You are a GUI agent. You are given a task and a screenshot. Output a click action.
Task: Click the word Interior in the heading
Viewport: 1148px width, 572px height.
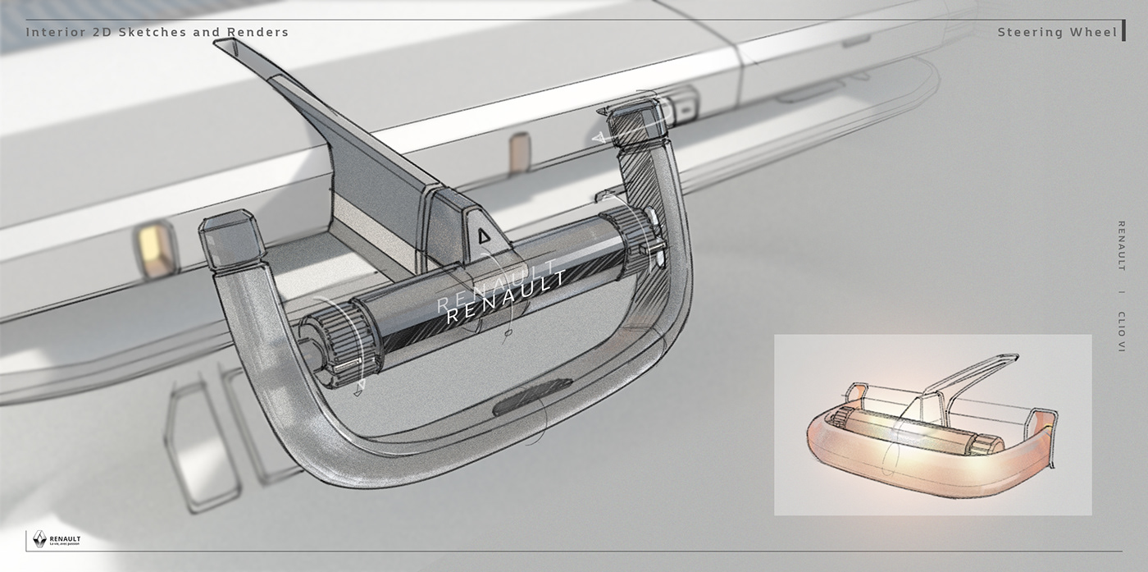[52, 33]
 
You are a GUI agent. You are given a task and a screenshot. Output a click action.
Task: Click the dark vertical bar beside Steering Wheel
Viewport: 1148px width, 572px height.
[1123, 32]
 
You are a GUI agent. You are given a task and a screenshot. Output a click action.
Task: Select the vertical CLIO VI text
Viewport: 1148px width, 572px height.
[1121, 331]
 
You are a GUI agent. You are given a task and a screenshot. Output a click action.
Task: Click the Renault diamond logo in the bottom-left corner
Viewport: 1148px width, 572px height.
[39, 539]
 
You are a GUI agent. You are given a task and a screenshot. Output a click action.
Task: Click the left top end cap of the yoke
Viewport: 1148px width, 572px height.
[231, 240]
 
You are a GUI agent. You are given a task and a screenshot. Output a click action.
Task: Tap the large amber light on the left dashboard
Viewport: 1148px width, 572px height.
[155, 249]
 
